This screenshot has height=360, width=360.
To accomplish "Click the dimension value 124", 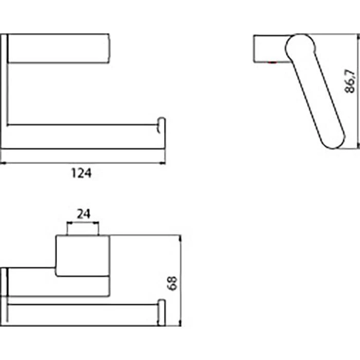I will (x=81, y=173).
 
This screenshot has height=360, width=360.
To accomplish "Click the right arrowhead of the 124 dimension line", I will (x=163, y=164).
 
